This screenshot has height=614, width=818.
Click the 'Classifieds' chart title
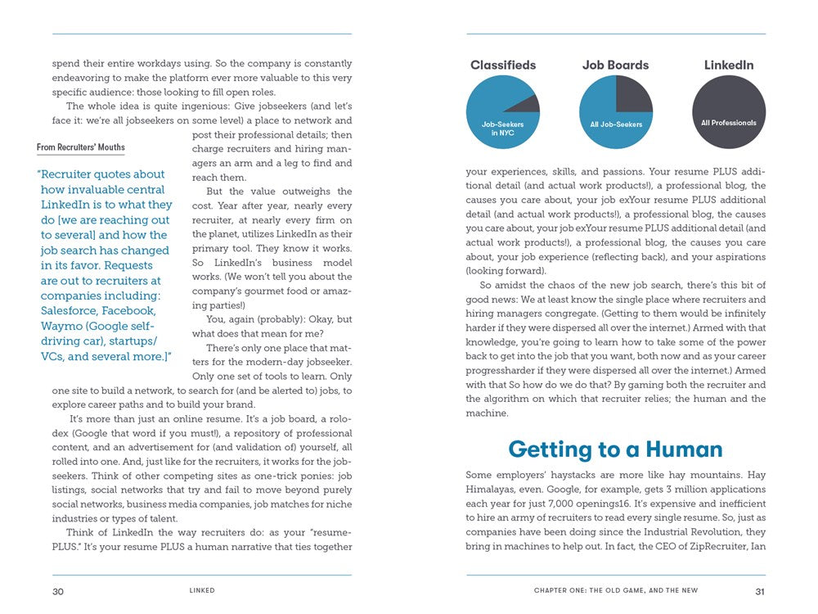503,65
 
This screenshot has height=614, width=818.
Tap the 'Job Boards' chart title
615,65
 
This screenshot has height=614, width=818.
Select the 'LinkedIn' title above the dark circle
729,65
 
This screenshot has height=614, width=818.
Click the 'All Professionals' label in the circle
729,123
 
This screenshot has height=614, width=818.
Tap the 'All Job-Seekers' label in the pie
616,124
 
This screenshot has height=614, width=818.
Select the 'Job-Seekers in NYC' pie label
502,129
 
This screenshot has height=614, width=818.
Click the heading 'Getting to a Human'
615,449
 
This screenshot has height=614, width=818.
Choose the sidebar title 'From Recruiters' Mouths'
81,147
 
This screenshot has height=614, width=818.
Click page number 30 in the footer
58,592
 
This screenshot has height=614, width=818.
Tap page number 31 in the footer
760,591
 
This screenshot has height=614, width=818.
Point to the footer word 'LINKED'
202,591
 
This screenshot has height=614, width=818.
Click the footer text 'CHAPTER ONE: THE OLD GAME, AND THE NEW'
616,591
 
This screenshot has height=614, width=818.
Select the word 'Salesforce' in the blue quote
71,311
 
